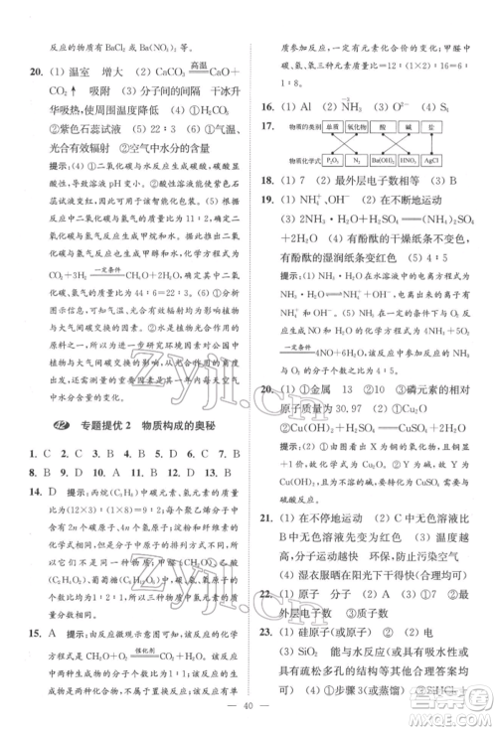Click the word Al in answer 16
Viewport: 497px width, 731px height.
(302, 105)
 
